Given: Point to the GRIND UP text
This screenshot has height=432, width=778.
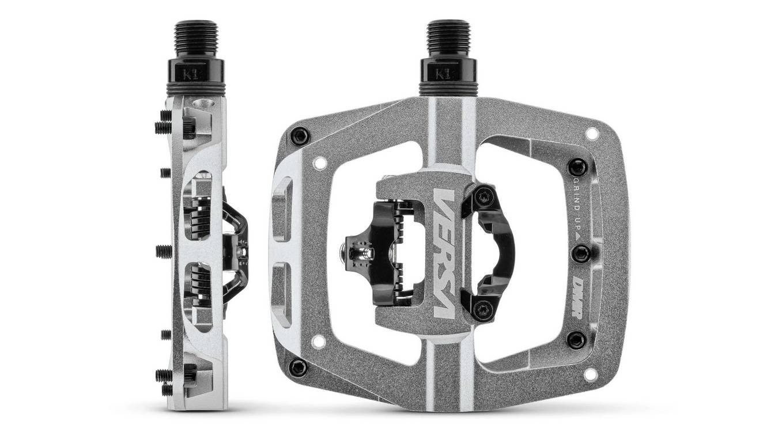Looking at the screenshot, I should coord(576,210).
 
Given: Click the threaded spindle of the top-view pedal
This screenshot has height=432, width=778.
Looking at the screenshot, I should coord(448,37).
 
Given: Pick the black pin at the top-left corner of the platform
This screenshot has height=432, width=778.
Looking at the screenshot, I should coord(299,136).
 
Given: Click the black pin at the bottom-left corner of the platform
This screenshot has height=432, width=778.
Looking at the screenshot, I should coord(298,366).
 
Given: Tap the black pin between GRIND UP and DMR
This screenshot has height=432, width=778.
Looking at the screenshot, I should coord(580,253).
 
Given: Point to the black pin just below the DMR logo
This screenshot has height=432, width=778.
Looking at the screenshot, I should coord(576,339).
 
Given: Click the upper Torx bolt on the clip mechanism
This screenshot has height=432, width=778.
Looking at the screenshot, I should coord(482,197).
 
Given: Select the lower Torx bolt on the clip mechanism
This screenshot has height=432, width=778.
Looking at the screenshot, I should coord(481,309).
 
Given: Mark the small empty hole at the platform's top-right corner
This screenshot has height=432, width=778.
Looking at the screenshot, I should coord(591,134).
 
